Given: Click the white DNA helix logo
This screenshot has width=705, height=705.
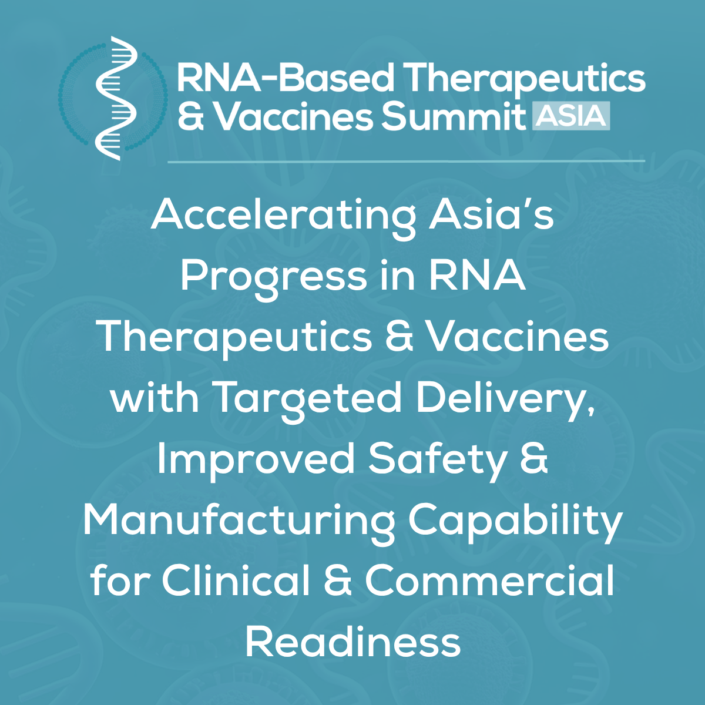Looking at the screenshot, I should click(115, 98).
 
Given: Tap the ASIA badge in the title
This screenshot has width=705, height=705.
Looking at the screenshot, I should click(571, 116).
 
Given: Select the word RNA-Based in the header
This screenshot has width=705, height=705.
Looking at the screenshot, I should click(286, 78).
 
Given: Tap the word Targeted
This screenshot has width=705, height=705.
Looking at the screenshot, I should click(306, 399).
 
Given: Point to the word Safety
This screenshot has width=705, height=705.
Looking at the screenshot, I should click(437, 461).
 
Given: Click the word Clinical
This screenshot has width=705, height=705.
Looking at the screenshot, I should click(236, 580).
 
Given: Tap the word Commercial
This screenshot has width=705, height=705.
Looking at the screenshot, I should click(489, 580).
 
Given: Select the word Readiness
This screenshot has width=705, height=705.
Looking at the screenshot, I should click(352, 642).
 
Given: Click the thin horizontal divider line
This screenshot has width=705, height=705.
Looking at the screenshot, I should click(406, 160).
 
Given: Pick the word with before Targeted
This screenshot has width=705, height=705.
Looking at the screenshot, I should click(155, 398).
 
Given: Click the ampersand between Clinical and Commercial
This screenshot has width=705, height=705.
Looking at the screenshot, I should click(338, 580).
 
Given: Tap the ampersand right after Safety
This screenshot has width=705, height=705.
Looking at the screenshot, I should click(534, 459).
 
